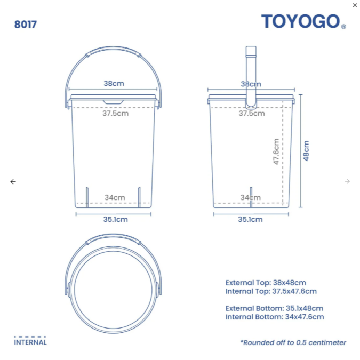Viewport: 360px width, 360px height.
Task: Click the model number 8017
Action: click(x=26, y=25)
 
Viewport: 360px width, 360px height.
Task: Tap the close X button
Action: click(x=355, y=5)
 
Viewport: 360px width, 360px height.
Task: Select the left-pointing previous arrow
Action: click(x=13, y=182)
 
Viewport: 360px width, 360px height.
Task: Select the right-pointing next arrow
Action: click(x=347, y=182)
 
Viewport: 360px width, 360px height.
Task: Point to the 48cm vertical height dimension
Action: click(x=306, y=151)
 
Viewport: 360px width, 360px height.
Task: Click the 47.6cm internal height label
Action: click(x=276, y=151)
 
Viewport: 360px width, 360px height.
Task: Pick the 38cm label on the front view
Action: click(x=114, y=84)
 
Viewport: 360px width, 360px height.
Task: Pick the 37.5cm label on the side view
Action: click(x=251, y=113)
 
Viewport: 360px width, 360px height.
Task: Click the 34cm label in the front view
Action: click(x=115, y=198)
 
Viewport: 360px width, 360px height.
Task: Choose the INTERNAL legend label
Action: click(x=30, y=342)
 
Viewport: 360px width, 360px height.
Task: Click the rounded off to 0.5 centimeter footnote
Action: click(x=293, y=342)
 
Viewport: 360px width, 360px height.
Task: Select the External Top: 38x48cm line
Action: click(x=266, y=283)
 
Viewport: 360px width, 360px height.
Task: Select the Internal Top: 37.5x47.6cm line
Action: click(x=271, y=291)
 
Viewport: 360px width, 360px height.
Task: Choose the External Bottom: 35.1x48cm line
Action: click(x=274, y=308)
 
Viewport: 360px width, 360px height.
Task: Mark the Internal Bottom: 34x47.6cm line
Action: click(x=275, y=317)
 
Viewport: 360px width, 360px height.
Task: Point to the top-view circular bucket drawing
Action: click(x=113, y=283)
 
